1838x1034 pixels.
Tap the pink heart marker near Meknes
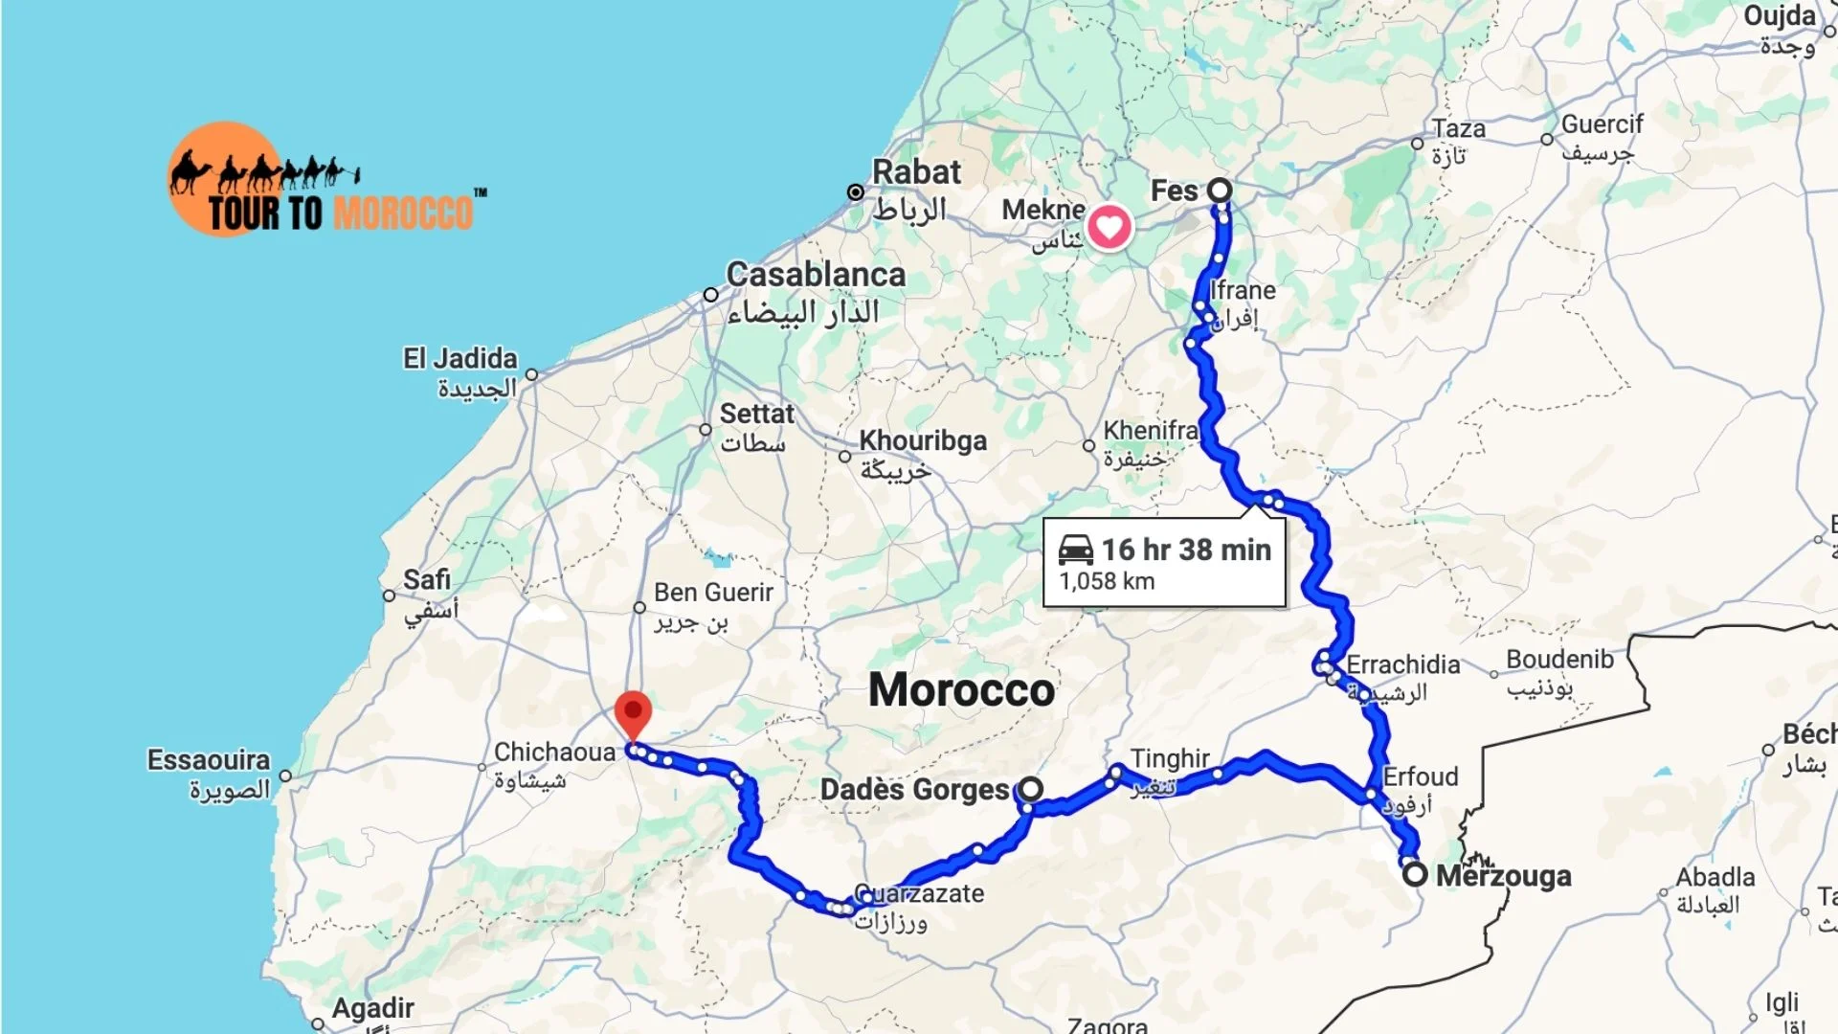(1109, 228)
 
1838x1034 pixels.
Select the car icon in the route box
(1075, 550)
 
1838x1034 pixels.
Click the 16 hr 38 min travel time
(1186, 550)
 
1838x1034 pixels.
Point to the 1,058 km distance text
(1107, 581)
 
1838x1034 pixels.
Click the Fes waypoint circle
(1219, 190)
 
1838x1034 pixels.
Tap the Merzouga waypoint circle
(1415, 874)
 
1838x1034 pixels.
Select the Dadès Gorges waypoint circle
(1030, 789)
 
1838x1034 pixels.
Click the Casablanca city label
(816, 275)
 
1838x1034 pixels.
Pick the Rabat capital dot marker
(856, 192)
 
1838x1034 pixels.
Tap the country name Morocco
(961, 690)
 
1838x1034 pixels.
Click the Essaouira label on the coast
(209, 760)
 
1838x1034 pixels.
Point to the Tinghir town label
(1170, 759)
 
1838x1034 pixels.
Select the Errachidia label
(1403, 664)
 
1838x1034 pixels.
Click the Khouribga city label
(923, 440)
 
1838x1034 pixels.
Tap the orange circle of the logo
(224, 178)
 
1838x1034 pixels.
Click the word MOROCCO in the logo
(404, 213)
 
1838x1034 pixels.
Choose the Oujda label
(1780, 16)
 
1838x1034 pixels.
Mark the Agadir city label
(372, 1008)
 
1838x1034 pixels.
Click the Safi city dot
(389, 596)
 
